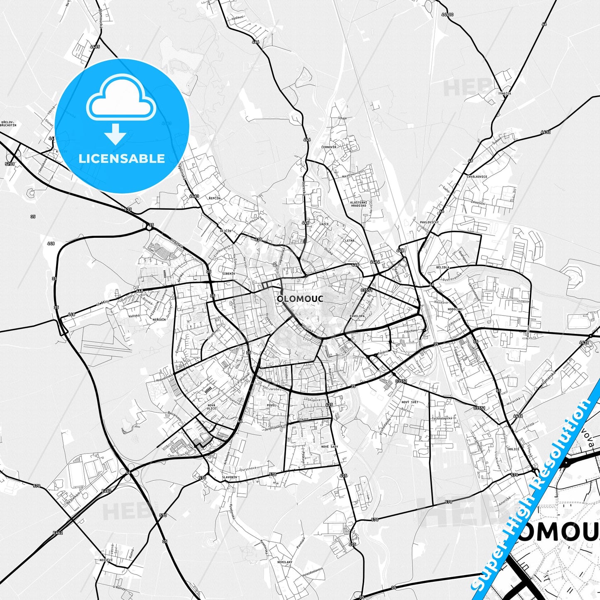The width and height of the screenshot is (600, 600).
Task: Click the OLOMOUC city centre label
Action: point(300,299)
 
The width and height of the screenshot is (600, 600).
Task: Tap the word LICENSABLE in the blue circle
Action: point(122,159)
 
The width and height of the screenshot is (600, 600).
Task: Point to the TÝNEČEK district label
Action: point(504,94)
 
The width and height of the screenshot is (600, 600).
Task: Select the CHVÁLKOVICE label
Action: point(477,176)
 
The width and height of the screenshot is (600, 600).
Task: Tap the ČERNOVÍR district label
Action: point(328,147)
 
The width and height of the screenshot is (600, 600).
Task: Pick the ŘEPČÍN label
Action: point(214,198)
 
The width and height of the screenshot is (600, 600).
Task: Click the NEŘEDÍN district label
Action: point(159,319)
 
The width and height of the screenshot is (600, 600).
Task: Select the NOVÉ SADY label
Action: point(330,446)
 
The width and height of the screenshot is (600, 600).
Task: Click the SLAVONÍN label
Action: point(229,478)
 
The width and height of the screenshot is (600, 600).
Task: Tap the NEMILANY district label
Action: point(285,562)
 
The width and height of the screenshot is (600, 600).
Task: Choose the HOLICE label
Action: point(513,449)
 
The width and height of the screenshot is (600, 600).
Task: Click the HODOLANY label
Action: point(455,309)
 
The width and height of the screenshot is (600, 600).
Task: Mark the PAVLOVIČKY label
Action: point(429,222)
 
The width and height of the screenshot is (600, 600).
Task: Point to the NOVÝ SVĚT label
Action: point(410,402)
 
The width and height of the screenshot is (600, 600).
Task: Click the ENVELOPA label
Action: point(357,316)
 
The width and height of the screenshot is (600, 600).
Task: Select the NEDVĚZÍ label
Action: point(106,560)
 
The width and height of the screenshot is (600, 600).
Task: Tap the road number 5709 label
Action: point(10,164)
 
